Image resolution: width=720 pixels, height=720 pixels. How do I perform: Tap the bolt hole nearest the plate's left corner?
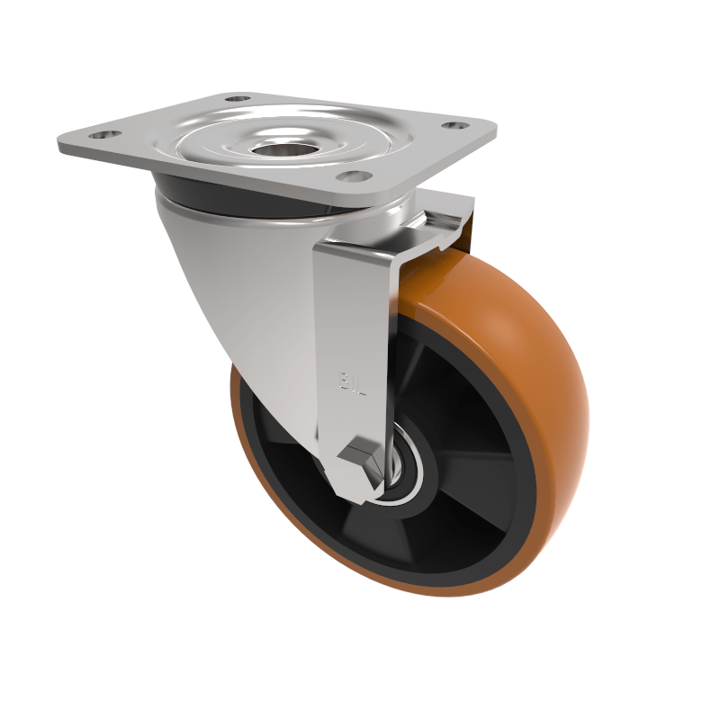(x=105, y=135)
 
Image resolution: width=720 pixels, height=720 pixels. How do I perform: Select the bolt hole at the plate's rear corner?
(x=236, y=98)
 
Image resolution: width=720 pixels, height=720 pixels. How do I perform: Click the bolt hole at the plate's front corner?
(x=354, y=177)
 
